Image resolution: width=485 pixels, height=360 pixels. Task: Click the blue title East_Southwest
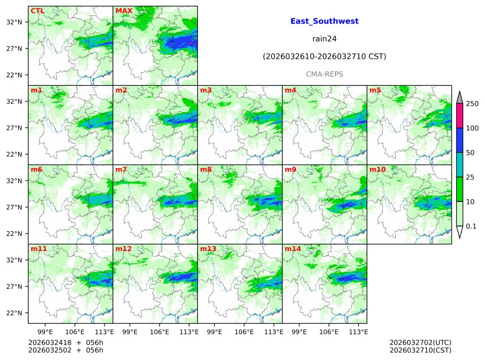click(324, 21)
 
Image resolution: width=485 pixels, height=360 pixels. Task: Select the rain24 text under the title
click(324, 39)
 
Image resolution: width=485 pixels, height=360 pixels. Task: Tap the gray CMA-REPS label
click(324, 74)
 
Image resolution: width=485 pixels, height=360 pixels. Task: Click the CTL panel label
click(37, 11)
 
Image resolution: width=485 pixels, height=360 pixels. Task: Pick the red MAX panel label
click(123, 11)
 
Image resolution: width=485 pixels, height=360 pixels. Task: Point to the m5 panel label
click(375, 90)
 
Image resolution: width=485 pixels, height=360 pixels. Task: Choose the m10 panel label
click(377, 169)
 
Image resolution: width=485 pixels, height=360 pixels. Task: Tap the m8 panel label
click(206, 169)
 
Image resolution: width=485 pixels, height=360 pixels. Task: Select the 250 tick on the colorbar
click(472, 103)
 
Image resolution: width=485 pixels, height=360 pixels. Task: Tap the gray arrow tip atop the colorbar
click(460, 97)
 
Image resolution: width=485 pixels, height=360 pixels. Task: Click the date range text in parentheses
click(324, 56)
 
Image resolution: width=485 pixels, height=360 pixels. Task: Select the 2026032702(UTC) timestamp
click(420, 343)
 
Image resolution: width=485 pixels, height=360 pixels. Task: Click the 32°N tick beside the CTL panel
click(14, 22)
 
